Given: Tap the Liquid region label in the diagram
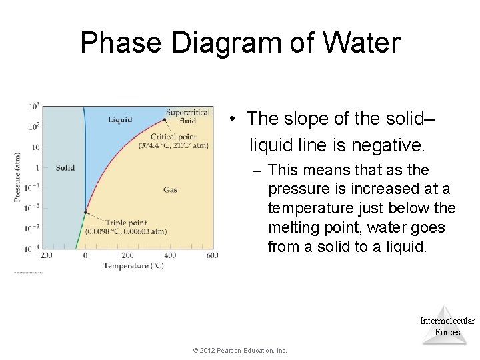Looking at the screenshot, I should (x=120, y=120).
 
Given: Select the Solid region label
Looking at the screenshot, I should (x=65, y=167).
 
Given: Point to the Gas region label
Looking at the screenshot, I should (x=170, y=190).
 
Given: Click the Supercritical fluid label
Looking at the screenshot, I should (x=188, y=117).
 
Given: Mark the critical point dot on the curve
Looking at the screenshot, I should (x=165, y=120).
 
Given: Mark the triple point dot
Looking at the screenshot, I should (x=85, y=213).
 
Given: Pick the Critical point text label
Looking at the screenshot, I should (x=173, y=137).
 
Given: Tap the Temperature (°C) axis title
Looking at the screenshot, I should (x=133, y=266).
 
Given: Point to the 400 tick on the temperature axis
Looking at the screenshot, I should (x=170, y=255).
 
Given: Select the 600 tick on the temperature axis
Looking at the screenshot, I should (x=212, y=255).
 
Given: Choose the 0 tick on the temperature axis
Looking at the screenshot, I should (x=85, y=255).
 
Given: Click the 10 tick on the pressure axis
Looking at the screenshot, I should (x=35, y=147).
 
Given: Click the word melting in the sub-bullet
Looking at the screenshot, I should (x=294, y=227).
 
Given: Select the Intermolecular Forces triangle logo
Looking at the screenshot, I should (x=447, y=325).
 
